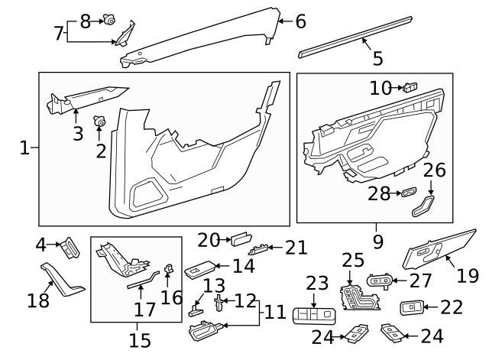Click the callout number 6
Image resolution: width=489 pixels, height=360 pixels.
pos(300,22)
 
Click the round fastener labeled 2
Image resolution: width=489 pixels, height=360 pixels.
pos(99,119)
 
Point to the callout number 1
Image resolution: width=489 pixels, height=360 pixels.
pos(24,148)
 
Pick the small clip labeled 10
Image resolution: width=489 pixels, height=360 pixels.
pos(411,86)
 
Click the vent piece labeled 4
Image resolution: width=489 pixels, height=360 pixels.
pos(70,245)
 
